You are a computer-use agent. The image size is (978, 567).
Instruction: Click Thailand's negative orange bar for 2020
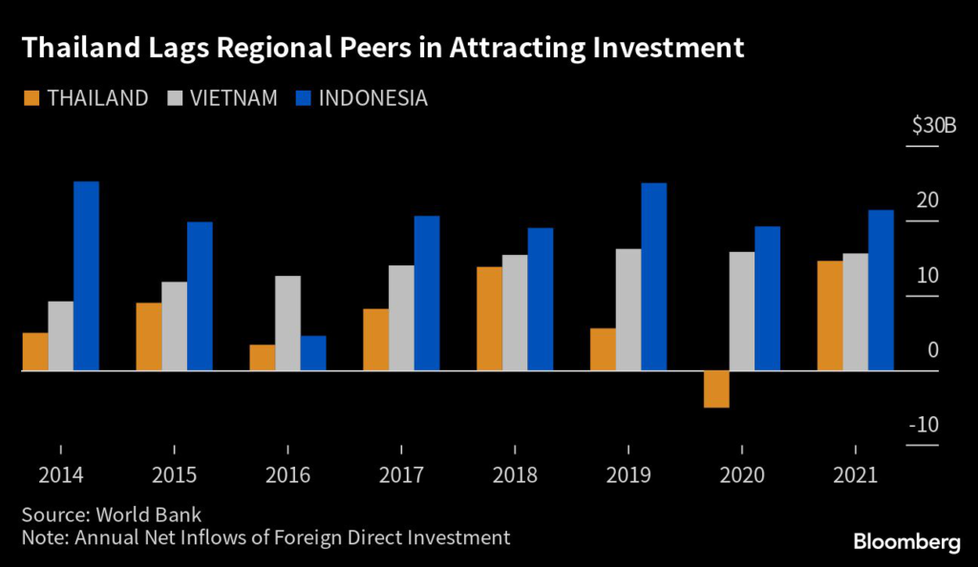click(x=716, y=388)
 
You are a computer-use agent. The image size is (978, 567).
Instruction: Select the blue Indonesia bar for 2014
click(x=86, y=275)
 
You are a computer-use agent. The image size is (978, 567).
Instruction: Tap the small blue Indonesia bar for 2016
click(x=313, y=352)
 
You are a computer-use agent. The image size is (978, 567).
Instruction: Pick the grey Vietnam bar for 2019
click(x=628, y=309)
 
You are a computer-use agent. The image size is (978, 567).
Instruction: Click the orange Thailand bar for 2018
click(x=489, y=318)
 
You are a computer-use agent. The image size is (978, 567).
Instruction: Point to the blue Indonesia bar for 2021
click(x=881, y=289)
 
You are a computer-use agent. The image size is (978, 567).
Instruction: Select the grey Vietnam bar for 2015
click(x=174, y=325)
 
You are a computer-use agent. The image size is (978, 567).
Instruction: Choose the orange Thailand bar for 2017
click(x=375, y=339)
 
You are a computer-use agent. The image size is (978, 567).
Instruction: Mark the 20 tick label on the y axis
click(x=927, y=200)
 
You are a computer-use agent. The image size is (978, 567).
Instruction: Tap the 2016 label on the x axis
click(x=287, y=474)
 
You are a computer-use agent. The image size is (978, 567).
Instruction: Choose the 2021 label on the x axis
click(x=856, y=474)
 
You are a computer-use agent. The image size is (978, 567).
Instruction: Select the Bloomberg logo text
click(x=906, y=541)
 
